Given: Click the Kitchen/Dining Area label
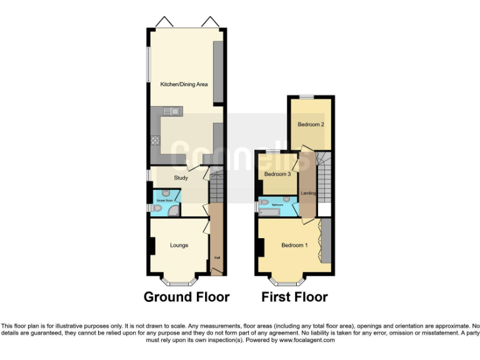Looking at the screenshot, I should [x=184, y=84].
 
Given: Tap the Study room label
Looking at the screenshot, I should [x=181, y=178].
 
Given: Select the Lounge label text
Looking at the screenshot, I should [x=179, y=245].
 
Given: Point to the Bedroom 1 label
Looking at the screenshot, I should [x=294, y=245].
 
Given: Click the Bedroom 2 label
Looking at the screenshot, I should [x=311, y=124].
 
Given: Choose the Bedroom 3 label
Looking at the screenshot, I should [x=277, y=174].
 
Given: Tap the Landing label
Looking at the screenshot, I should [x=309, y=193].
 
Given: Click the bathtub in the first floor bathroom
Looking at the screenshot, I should [x=268, y=213].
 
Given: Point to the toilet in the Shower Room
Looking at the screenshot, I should [x=156, y=209].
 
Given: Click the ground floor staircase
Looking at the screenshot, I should [x=216, y=187].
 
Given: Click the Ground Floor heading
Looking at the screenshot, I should [x=186, y=297].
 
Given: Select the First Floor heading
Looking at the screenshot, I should [x=294, y=297].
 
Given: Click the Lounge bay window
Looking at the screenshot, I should [x=180, y=280].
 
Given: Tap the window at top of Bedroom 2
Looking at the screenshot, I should [x=306, y=97].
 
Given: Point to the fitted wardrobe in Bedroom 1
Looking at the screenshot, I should [x=324, y=241].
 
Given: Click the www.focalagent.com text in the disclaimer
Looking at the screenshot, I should [x=307, y=341].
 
